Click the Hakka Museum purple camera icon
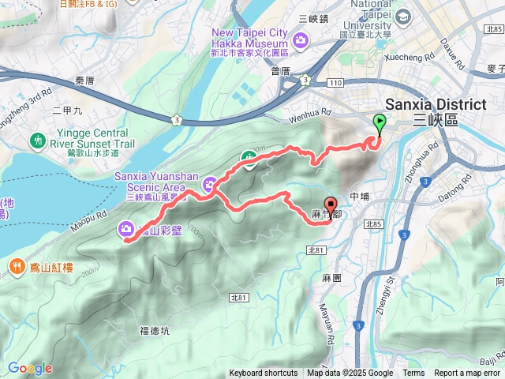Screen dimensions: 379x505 tap(300, 39)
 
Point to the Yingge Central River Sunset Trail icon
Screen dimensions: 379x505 tap(37, 141)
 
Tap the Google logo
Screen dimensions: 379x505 tap(30, 368)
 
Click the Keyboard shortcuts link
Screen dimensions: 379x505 tap(264, 373)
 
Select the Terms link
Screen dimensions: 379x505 tap(413, 373)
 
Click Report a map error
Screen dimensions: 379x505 tap(467, 373)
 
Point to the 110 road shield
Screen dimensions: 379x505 tap(339, 83)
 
